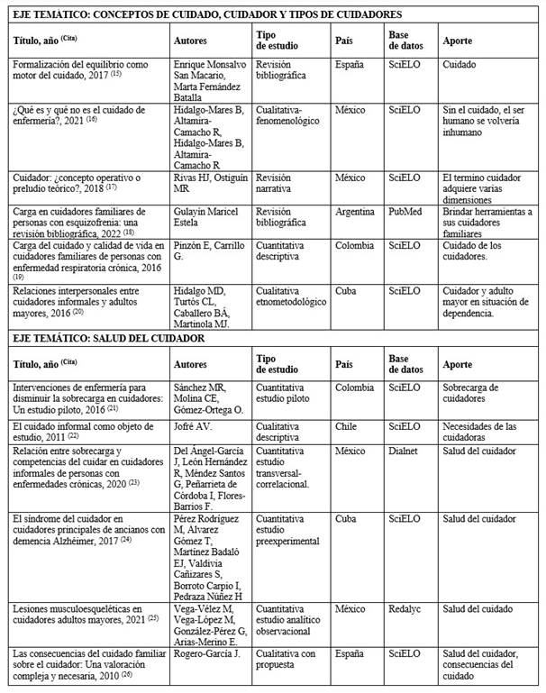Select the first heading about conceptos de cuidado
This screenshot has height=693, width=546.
(x=206, y=14)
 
